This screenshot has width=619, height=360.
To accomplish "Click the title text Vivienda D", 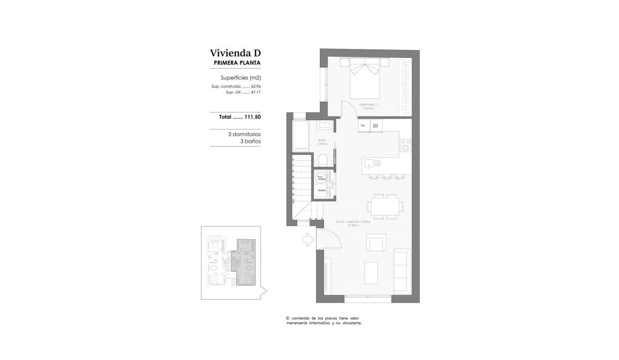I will pyautogui.click(x=235, y=53).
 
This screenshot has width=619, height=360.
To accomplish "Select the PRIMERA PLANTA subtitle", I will pyautogui.click(x=237, y=63).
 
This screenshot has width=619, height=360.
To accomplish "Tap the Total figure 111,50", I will pyautogui.click(x=253, y=117).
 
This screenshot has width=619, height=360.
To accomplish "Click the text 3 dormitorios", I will pyautogui.click(x=244, y=134).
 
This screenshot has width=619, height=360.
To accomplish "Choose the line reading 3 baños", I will pyautogui.click(x=250, y=141).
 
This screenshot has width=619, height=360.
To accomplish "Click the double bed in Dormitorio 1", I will pyautogui.click(x=366, y=79).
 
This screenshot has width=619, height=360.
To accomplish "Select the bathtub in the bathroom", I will pyautogui.click(x=300, y=137).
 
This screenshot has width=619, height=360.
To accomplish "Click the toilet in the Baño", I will pyautogui.click(x=322, y=160).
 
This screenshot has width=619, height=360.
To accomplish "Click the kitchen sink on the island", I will pyautogui.click(x=370, y=164).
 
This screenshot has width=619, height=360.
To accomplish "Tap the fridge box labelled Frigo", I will pyautogui.click(x=363, y=125).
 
